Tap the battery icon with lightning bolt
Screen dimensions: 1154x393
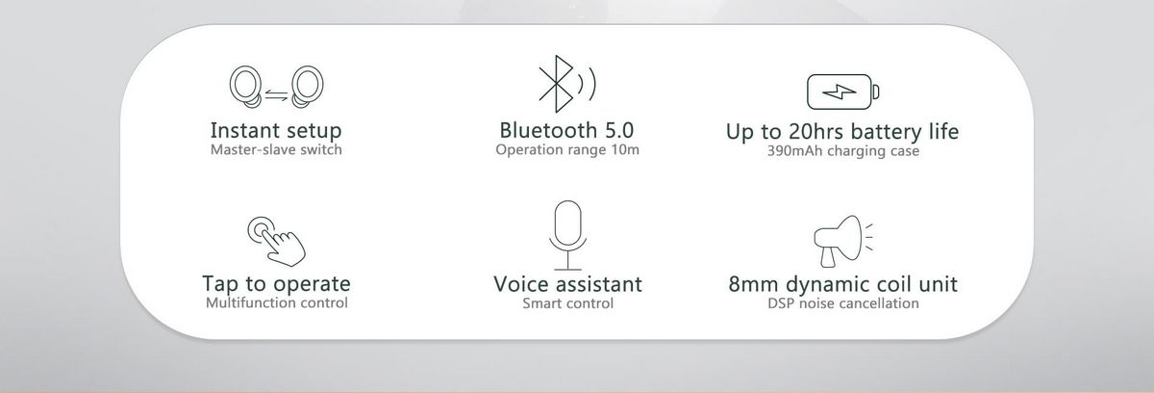pos(842,92)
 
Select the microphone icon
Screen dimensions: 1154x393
pos(567,235)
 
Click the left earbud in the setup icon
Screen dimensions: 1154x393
pos(245,87)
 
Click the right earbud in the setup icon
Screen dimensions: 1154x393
pos(308,87)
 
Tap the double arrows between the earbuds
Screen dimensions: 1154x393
pos(277,95)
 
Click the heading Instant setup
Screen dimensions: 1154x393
pos(276,130)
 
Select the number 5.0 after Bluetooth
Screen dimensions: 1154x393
pos(618,130)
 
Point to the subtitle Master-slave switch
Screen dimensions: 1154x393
pos(276,149)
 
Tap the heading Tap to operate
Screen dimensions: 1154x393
pos(276,284)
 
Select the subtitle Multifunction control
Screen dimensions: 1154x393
pos(277,302)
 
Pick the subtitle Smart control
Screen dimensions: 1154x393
pos(567,303)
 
